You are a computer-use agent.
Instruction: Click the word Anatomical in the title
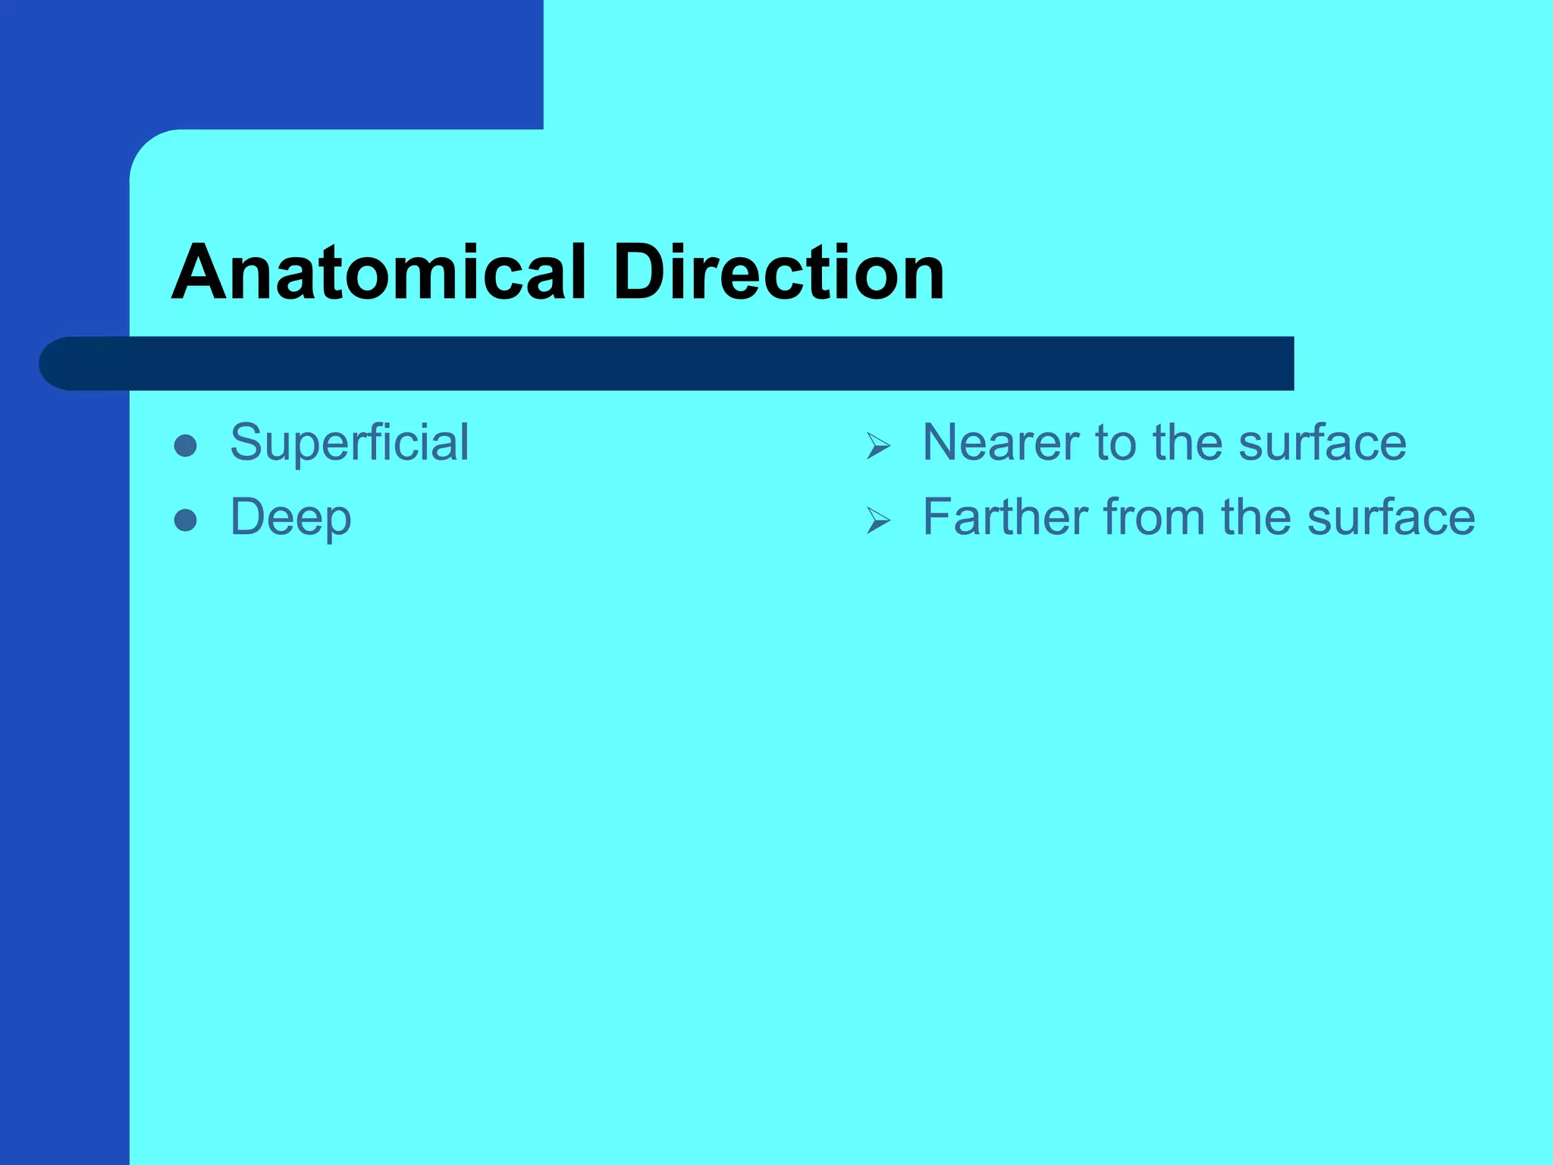click(x=379, y=273)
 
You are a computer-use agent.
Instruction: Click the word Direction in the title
click(x=779, y=273)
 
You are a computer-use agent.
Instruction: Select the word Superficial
click(x=350, y=443)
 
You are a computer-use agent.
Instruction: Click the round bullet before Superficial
click(x=186, y=445)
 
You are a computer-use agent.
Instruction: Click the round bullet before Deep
click(x=186, y=520)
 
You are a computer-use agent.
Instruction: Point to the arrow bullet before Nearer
click(x=878, y=446)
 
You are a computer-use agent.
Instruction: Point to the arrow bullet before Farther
click(x=878, y=520)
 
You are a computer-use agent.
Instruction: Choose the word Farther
click(x=1006, y=517)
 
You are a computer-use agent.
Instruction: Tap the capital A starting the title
click(x=200, y=273)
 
